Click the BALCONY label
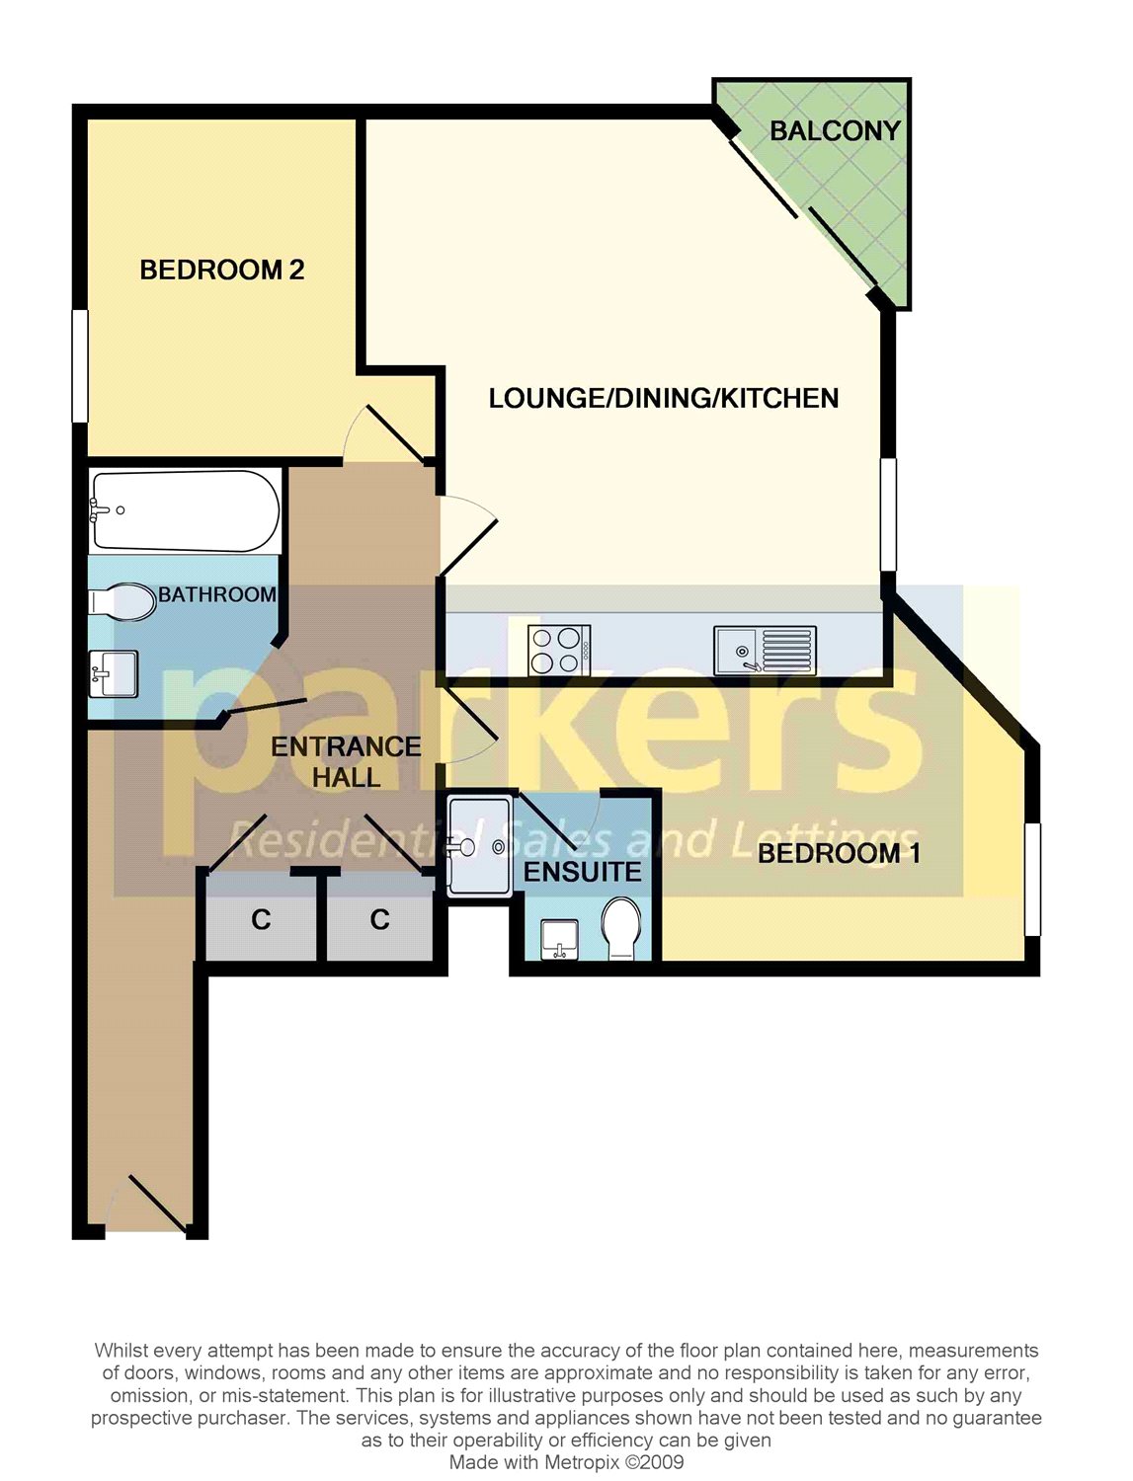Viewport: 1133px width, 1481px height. tap(835, 130)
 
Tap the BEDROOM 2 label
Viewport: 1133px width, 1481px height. tap(221, 270)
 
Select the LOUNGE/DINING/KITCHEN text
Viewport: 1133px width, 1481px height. tap(664, 398)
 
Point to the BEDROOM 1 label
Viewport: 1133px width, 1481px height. tap(839, 853)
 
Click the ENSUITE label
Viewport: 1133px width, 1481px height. tap(582, 872)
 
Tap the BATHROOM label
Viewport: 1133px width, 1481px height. tap(217, 594)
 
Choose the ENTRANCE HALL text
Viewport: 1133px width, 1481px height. tap(346, 762)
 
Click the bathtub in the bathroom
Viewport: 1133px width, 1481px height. tap(185, 510)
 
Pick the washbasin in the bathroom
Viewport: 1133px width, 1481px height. tap(113, 672)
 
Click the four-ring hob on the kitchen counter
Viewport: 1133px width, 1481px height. tap(559, 651)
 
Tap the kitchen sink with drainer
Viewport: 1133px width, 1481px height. tap(765, 651)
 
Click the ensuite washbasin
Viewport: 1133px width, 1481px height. tap(560, 939)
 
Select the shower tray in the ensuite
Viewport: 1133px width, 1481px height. tap(480, 845)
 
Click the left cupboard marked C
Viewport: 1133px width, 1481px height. tap(261, 920)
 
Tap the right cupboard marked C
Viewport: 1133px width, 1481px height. tap(379, 920)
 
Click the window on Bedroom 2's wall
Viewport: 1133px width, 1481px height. tap(81, 366)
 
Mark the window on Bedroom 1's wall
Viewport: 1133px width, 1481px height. tap(1032, 879)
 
